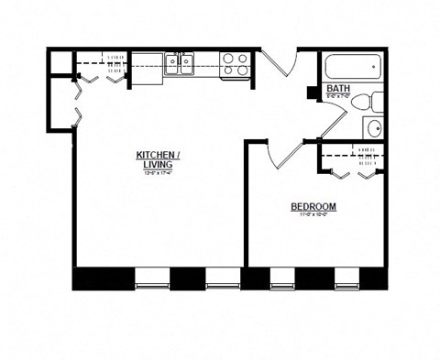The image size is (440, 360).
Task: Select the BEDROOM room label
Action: coord(313,207)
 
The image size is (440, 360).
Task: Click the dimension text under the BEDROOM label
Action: coord(313,216)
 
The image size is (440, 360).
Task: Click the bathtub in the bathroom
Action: coord(352,68)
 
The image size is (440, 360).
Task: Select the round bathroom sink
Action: coord(375,129)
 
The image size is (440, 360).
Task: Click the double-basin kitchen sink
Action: coord(181,64)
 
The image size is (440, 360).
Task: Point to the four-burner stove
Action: coord(234,64)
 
